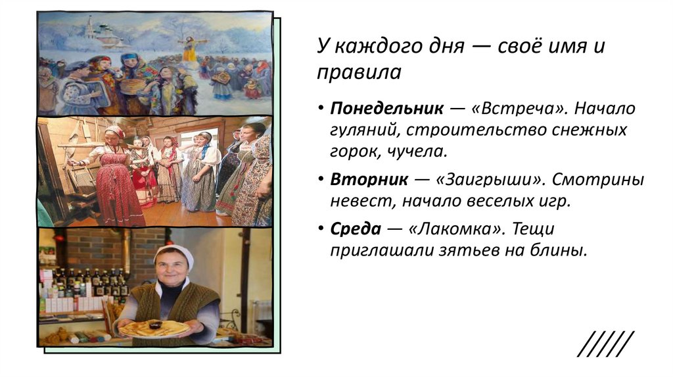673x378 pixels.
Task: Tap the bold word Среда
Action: pos(356,229)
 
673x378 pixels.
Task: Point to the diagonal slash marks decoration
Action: pos(607,344)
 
